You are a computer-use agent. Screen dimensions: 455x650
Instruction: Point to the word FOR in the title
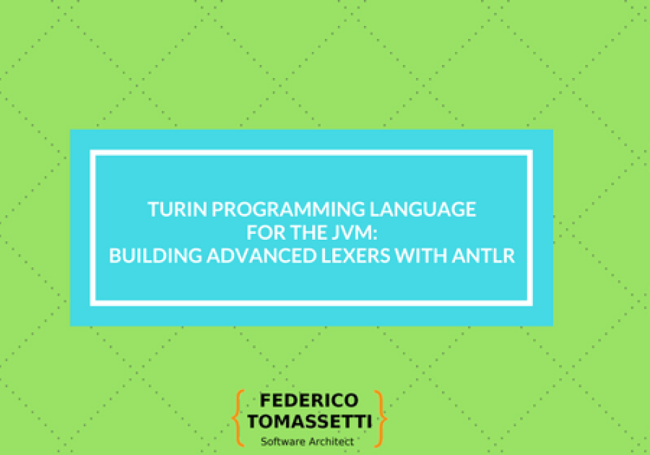(x=263, y=233)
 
